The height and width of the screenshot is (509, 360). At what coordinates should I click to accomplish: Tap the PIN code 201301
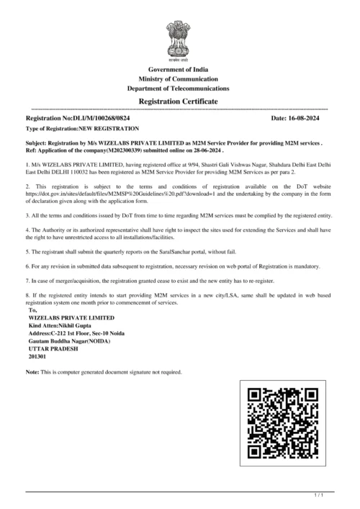(x=37, y=356)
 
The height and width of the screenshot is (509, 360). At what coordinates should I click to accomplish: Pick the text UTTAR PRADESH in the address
(x=53, y=348)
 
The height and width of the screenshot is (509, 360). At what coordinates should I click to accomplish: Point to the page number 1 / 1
(x=320, y=495)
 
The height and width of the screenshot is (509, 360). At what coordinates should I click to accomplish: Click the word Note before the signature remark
(x=32, y=372)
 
